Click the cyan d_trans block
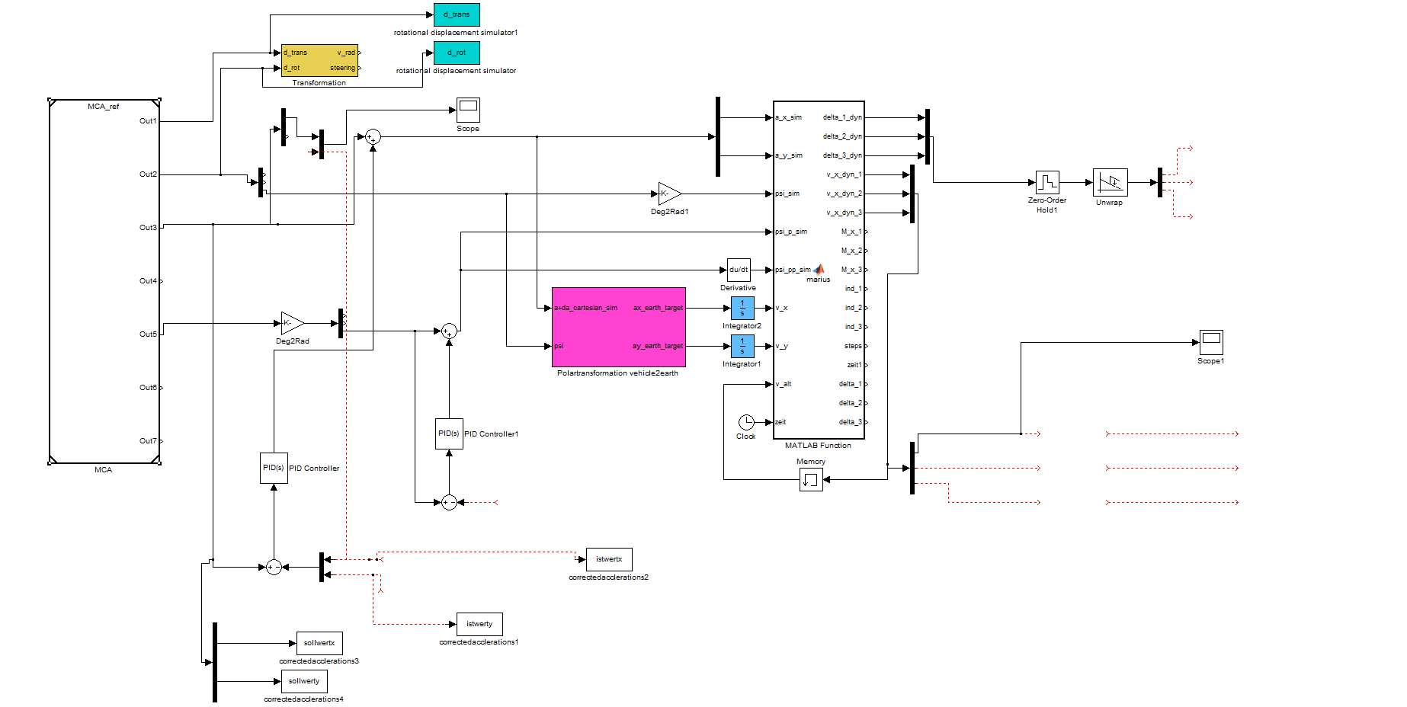457,14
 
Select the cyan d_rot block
457,53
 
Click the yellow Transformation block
319,60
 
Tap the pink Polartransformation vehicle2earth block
618,327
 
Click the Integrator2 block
742,308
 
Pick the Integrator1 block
742,346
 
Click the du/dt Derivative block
739,270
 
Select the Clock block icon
746,422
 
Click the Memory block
811,479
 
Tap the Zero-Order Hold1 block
1047,182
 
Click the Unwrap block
1110,182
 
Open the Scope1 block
1211,342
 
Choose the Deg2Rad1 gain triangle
668,194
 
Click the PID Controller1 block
449,433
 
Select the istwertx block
609,559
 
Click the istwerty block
479,624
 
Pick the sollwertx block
319,643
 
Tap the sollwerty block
304,681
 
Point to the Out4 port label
148,281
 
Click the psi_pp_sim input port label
793,270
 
